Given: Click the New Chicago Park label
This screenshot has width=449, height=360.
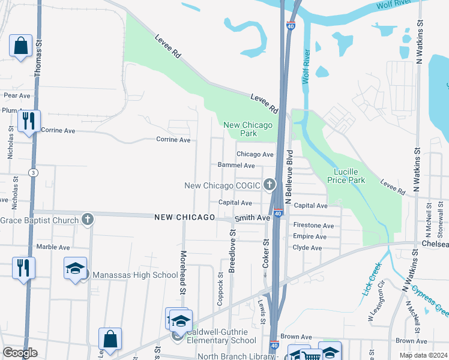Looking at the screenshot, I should point(248,129).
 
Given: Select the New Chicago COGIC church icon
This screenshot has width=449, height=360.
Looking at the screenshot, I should point(270,185).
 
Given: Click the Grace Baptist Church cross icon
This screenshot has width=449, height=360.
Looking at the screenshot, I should point(88,220).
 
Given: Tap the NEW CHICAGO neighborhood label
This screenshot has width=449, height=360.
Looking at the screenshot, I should point(184,217).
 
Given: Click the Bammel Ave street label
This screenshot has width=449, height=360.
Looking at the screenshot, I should point(237,166).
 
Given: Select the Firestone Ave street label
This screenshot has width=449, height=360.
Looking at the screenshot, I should point(313,226).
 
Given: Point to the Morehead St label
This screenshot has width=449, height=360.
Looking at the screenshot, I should point(184,271).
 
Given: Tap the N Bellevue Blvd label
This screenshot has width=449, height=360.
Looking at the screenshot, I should point(289,178).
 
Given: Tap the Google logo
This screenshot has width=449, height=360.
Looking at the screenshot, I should point(20,353).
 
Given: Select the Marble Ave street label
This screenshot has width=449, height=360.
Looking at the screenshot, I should point(53,247).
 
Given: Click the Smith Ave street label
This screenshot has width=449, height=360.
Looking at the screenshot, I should point(252,218).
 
